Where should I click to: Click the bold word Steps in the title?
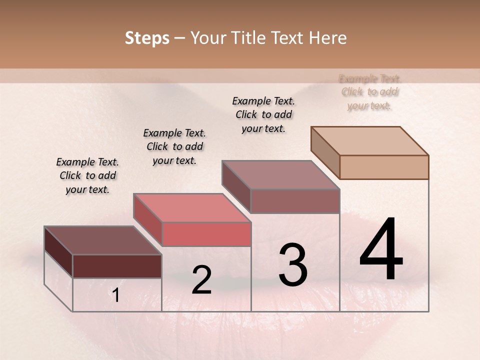(147, 38)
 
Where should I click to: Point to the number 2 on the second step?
(201, 280)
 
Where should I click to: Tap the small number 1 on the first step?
(116, 295)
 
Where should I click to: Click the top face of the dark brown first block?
(102, 240)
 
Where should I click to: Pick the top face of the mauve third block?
(280, 175)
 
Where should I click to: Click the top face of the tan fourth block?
(369, 140)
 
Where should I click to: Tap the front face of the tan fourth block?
(384, 167)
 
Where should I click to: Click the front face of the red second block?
(206, 234)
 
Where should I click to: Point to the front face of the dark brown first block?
(117, 266)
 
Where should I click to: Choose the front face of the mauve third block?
(295, 201)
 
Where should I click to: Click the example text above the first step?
(87, 176)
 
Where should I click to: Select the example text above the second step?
(174, 146)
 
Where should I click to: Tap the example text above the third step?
(263, 114)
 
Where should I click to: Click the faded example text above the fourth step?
(369, 92)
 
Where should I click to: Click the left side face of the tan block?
(325, 152)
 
